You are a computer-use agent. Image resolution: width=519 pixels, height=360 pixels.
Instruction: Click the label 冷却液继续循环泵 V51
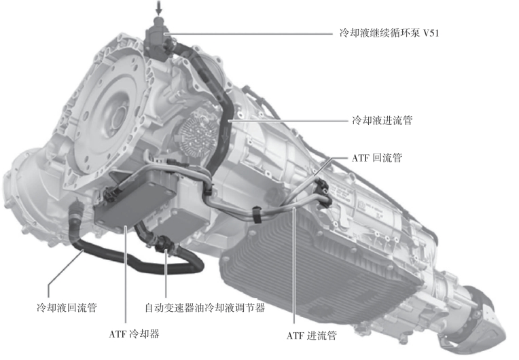pyautogui.click(x=389, y=33)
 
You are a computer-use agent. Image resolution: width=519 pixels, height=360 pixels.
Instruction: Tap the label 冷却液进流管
pyautogui.click(x=382, y=120)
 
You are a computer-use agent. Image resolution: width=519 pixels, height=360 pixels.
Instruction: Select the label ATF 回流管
pyautogui.click(x=376, y=158)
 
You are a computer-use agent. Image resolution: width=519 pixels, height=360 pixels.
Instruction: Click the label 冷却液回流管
pyautogui.click(x=67, y=308)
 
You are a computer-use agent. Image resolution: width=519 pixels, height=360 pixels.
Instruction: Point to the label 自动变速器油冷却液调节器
pyautogui.click(x=205, y=308)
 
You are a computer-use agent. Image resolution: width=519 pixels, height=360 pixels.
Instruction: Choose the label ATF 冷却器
pyautogui.click(x=134, y=334)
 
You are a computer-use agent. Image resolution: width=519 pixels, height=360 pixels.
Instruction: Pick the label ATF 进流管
pyautogui.click(x=311, y=336)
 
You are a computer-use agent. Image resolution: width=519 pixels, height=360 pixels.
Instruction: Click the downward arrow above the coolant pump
pyautogui.click(x=159, y=7)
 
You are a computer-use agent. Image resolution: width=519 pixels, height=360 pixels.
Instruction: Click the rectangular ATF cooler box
pyautogui.click(x=136, y=198)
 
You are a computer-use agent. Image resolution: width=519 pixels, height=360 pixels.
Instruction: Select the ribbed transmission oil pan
pyautogui.click(x=318, y=262)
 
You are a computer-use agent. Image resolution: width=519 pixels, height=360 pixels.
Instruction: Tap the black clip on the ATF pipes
pyautogui.click(x=257, y=215)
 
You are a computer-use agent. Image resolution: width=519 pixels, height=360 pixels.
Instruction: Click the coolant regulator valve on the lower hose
pyautogui.click(x=163, y=244)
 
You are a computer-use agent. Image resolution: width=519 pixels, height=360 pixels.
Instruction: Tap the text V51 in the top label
pyautogui.click(x=431, y=33)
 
